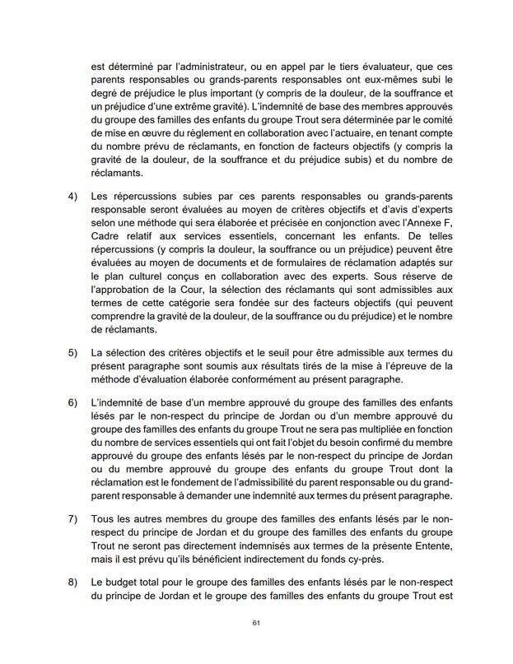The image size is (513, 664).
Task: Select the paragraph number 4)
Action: (x=71, y=197)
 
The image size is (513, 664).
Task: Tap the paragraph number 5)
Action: (x=71, y=354)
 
